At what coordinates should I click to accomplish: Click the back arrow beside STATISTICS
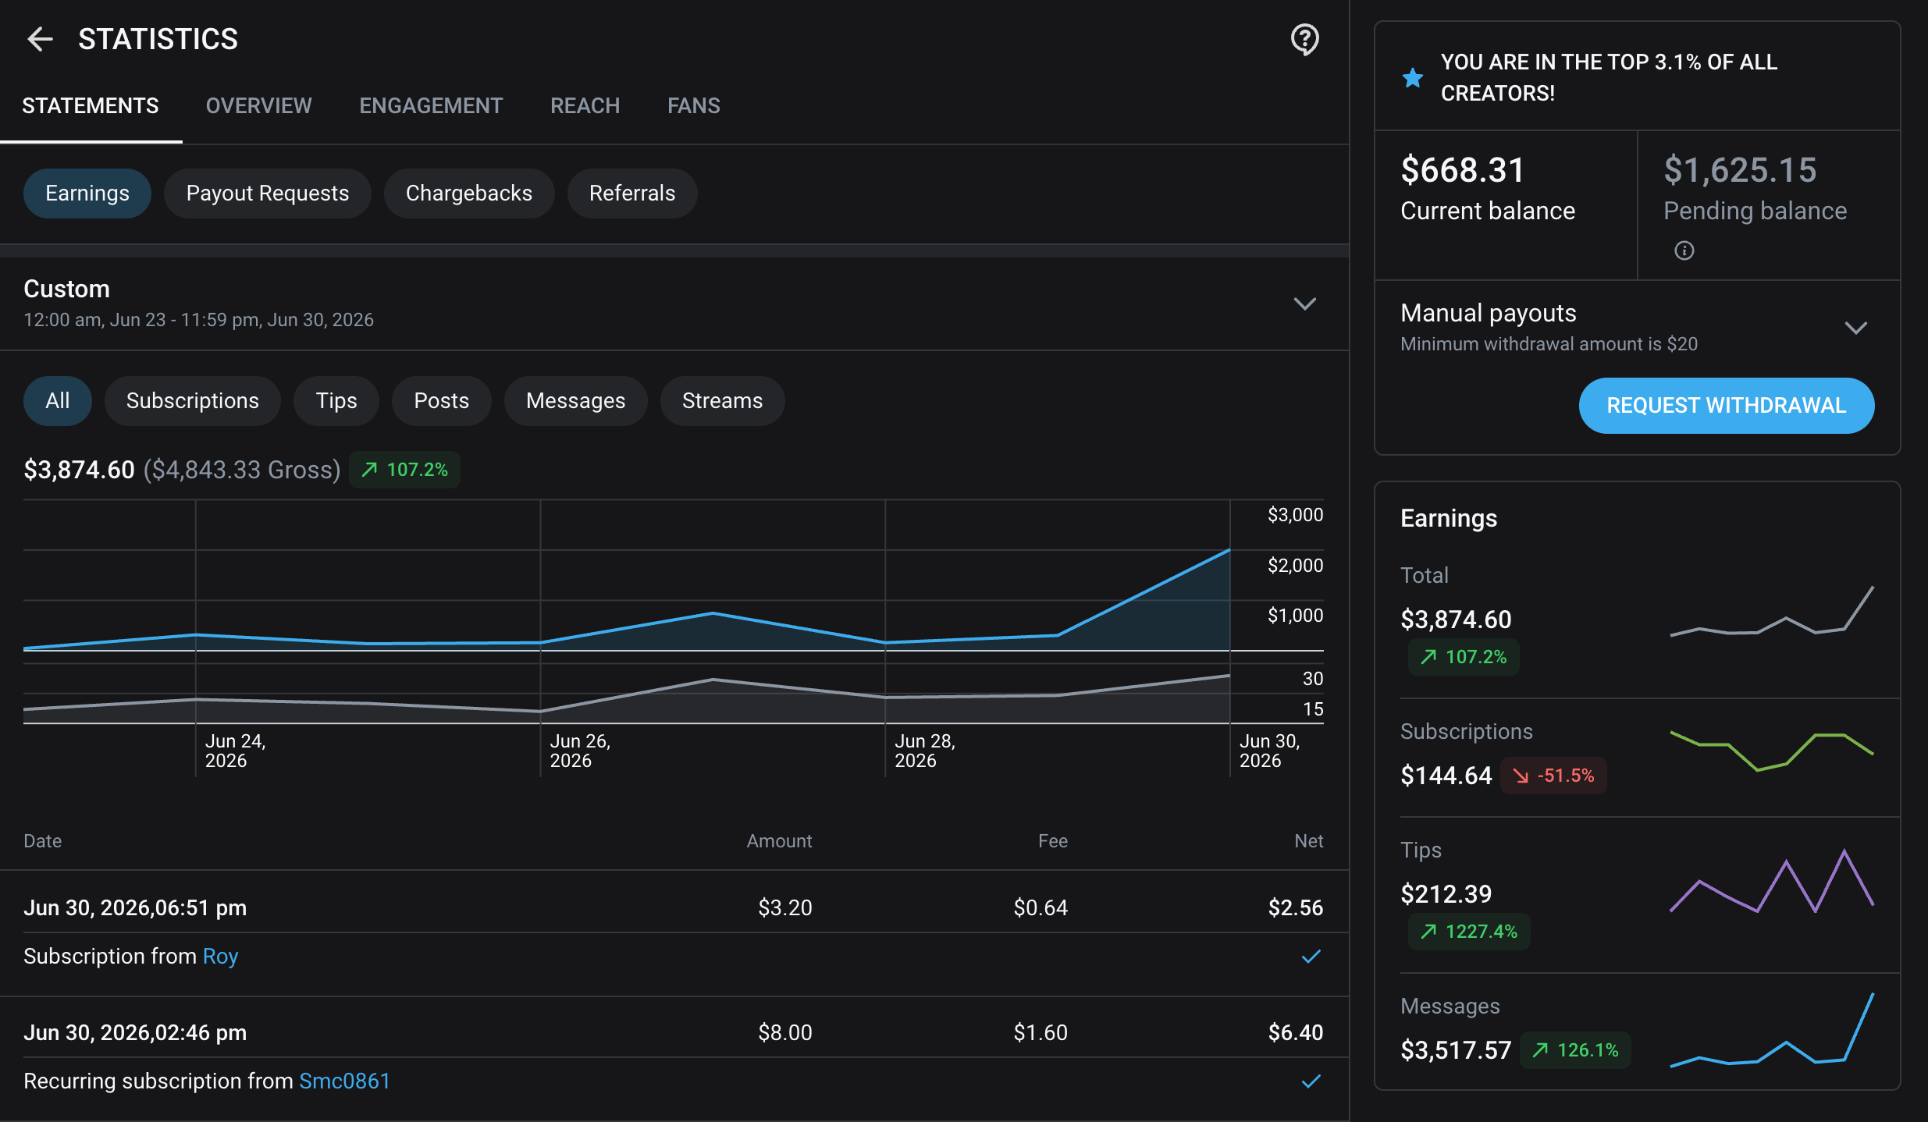[x=40, y=39]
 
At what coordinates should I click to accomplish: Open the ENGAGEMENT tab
[x=431, y=105]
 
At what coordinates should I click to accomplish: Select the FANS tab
[x=694, y=105]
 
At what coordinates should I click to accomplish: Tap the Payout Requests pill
[x=268, y=194]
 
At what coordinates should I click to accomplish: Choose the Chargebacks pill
[x=469, y=194]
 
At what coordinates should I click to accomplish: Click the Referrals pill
[x=632, y=194]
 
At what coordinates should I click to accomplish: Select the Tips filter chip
[x=336, y=401]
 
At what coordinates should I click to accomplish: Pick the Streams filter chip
[x=723, y=401]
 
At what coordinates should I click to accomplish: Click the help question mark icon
[x=1305, y=39]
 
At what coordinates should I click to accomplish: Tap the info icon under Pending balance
[x=1684, y=250]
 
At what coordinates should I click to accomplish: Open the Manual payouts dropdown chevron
[x=1856, y=328]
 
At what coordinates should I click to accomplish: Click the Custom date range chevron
[x=1305, y=304]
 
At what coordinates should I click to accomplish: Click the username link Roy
[x=220, y=957]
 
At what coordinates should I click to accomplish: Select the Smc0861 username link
[x=344, y=1081]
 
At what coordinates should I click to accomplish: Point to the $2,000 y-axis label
[x=1296, y=565]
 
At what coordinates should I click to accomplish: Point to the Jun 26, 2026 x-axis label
[x=580, y=751]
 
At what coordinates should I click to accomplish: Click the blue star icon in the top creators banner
[x=1413, y=77]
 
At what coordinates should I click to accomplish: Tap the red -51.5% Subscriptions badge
[x=1553, y=776]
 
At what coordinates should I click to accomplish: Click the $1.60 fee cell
[x=1040, y=1033]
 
